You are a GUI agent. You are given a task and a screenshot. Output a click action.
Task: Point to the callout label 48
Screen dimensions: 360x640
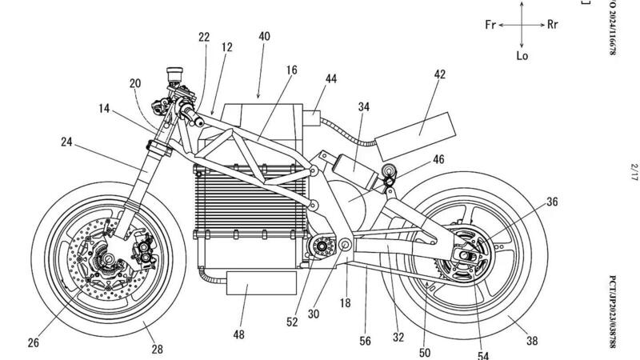[x=238, y=334]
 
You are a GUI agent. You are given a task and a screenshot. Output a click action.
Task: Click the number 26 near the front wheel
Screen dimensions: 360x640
[x=32, y=343]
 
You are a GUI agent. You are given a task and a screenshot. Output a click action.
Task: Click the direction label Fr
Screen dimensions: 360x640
[x=491, y=25]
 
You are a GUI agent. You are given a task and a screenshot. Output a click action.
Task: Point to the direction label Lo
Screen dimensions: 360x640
[x=522, y=56]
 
